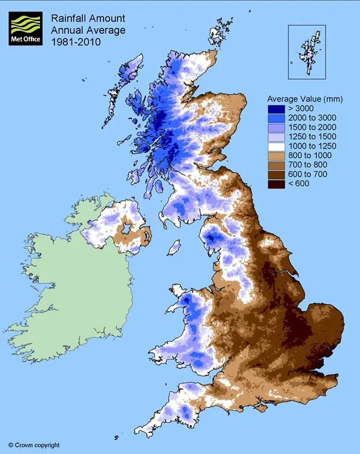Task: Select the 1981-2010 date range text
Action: [76, 43]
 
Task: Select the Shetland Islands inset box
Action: [307, 51]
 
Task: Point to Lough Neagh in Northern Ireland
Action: [128, 229]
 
